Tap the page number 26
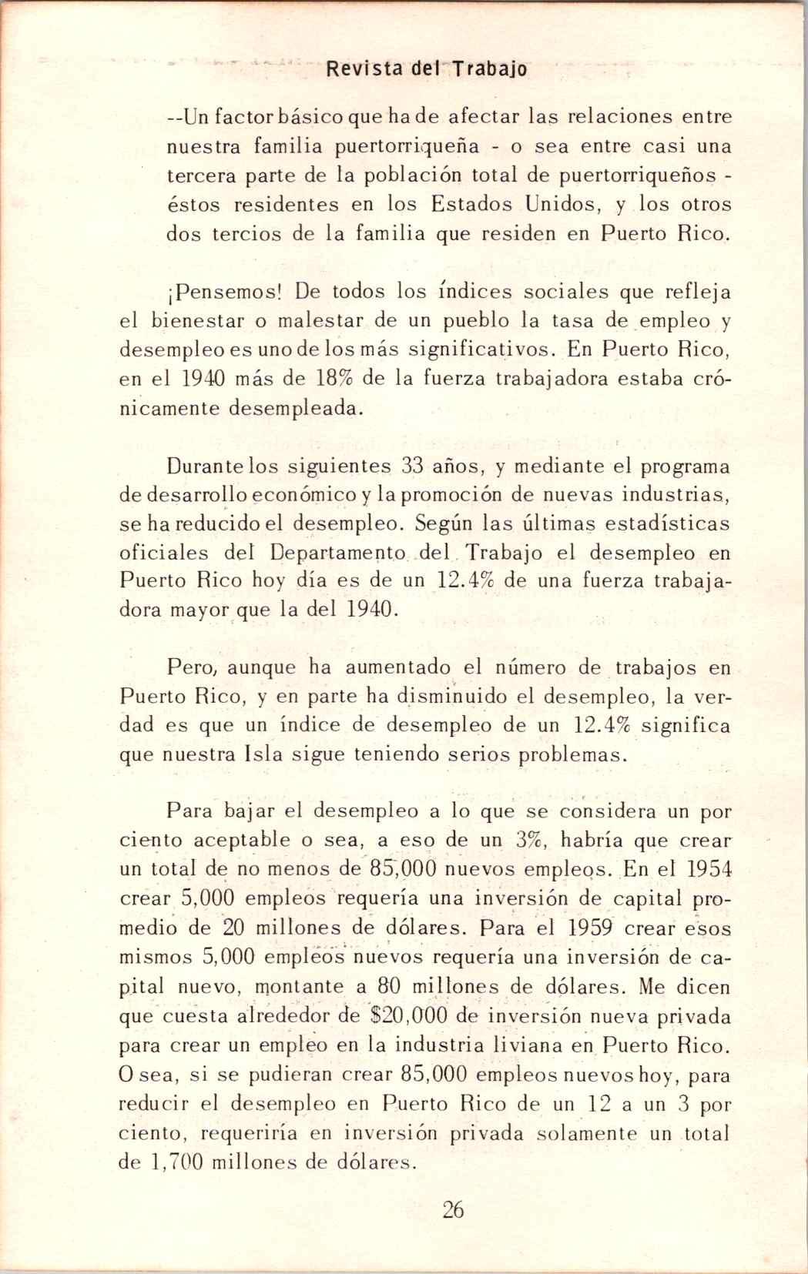[x=454, y=1209]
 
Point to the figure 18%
[x=337, y=379]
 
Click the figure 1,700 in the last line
[x=172, y=1162]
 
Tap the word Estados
[x=471, y=205]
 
